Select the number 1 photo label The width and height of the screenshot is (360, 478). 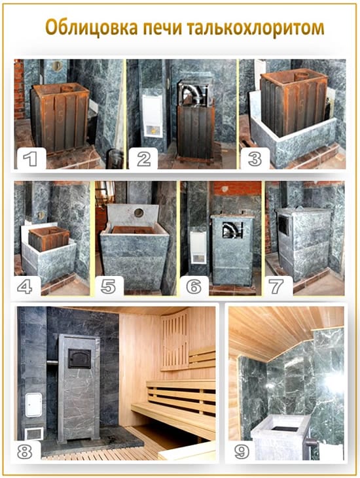pos(31,158)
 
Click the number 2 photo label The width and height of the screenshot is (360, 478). pos(143,158)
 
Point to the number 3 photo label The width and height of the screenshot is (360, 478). pos(255,158)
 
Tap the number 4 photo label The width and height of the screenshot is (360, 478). pos(25,286)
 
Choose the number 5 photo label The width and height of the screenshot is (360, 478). pos(108,286)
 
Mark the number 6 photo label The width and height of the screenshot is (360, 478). pos(194,286)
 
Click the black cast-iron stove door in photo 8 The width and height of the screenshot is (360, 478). pos(79,358)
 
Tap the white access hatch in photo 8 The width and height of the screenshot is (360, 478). pos(33,405)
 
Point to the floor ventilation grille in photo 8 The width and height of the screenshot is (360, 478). pos(34,434)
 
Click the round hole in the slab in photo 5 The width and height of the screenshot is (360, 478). pos(139,213)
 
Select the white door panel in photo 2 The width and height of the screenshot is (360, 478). pos(153,116)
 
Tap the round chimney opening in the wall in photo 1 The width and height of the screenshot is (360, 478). pos(57,65)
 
